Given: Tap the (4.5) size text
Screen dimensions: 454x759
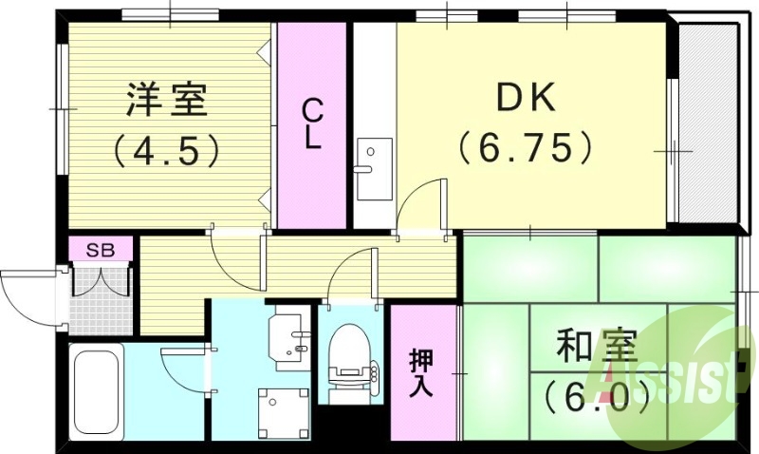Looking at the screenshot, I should (x=168, y=149).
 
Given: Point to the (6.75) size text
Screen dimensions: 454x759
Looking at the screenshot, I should (x=528, y=147).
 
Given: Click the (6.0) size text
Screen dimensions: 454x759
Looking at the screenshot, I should (x=588, y=392).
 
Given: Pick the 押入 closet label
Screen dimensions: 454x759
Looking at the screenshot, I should (x=422, y=372).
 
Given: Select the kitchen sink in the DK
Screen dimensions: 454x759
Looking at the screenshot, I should (x=373, y=157).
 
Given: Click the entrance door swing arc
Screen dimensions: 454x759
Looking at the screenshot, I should (x=28, y=290).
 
